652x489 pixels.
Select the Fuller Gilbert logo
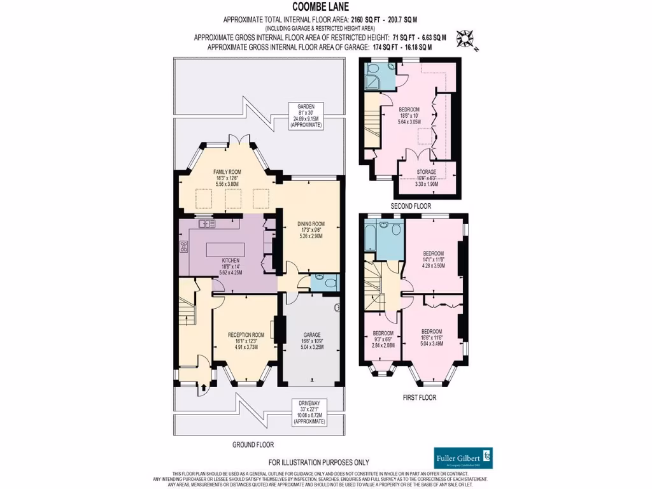tap(463, 458)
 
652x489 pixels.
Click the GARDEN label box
tap(307, 116)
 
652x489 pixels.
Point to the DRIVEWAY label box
tap(307, 412)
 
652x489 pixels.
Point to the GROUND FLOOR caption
tap(253, 444)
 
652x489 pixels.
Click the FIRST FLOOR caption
tap(419, 397)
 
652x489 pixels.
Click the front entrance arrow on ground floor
tap(204, 386)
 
